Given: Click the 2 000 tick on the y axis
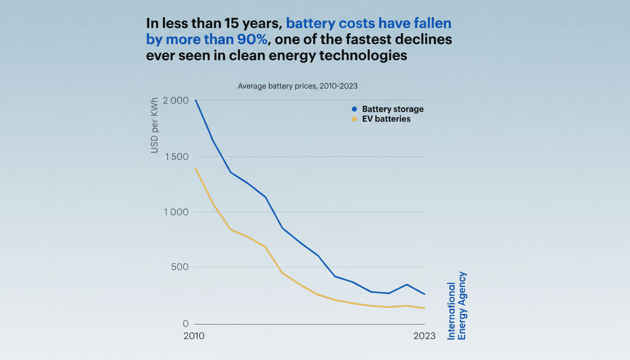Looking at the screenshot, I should (x=175, y=101).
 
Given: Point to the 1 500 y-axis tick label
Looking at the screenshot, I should (x=176, y=157).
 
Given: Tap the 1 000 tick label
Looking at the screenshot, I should (x=176, y=212).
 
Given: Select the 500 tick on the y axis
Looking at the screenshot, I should (x=180, y=267).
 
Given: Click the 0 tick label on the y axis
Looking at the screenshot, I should (x=185, y=324).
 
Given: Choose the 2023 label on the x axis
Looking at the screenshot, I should (x=424, y=336).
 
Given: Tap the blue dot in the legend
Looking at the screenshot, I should (x=354, y=109).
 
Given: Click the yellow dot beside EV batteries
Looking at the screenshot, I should (x=354, y=119).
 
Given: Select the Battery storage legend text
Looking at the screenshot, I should (x=393, y=109).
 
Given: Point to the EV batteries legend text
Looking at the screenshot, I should (x=386, y=119).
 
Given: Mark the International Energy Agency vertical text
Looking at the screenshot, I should (x=457, y=306).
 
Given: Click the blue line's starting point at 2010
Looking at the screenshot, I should (x=195, y=100).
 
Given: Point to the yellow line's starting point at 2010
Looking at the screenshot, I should (x=195, y=168).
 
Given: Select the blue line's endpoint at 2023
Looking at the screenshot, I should (x=425, y=294).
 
